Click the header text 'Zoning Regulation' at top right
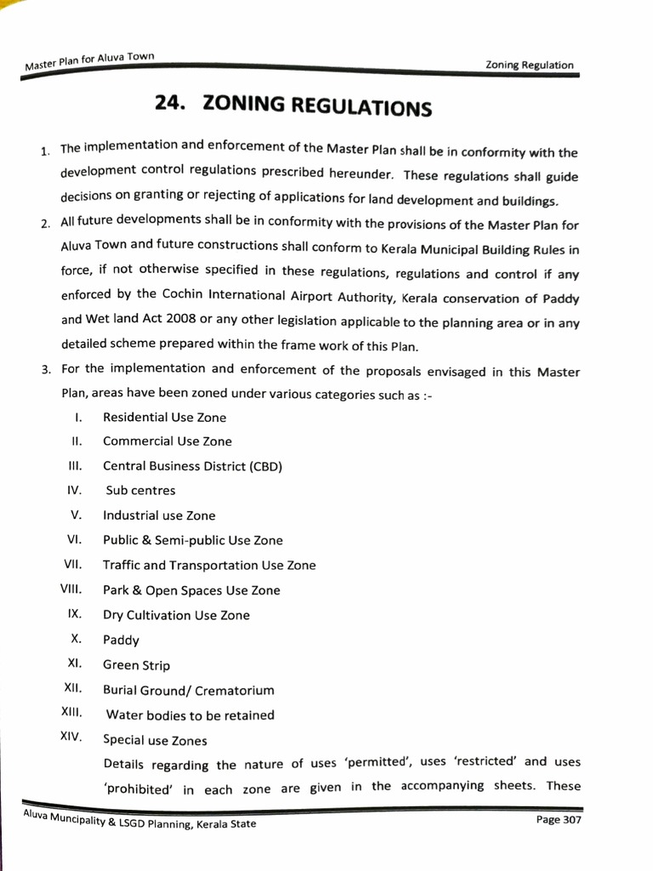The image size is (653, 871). point(529,65)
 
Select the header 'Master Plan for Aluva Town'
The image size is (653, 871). point(89,61)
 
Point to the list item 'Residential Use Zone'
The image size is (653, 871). point(164,417)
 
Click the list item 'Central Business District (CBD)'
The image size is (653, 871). point(192,466)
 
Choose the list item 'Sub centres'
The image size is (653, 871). point(140,491)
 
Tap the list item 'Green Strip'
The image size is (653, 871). point(136,665)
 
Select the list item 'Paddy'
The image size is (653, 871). point(121,640)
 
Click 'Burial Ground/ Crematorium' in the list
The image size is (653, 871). point(188,690)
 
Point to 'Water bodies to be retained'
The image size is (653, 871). point(190,714)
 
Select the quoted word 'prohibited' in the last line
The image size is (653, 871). point(138,788)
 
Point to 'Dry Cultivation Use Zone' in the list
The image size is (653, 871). point(176,615)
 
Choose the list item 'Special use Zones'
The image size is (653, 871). point(155,740)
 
